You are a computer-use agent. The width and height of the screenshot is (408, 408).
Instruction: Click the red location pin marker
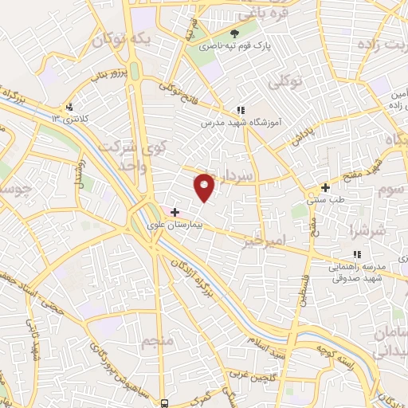click(x=206, y=186)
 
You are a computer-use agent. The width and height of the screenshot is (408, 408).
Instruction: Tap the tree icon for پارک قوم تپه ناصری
click(x=235, y=33)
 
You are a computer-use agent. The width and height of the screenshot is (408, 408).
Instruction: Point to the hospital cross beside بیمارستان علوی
click(x=175, y=212)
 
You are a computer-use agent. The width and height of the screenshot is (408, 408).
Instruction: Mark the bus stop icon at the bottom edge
click(x=164, y=403)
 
